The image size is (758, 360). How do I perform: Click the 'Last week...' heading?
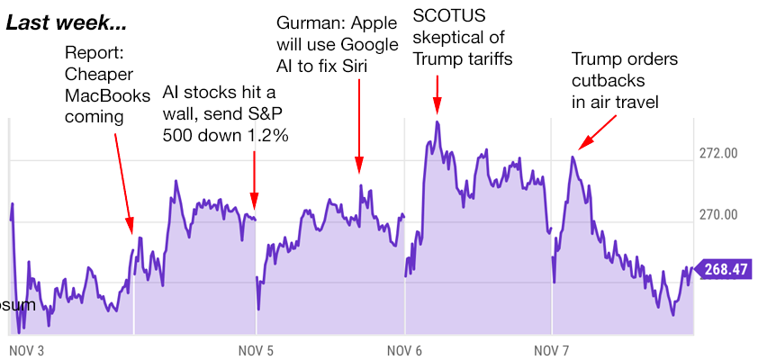pyautogui.click(x=67, y=21)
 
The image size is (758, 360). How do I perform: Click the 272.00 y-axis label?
pyautogui.click(x=717, y=153)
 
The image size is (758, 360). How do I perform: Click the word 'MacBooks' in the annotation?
pyautogui.click(x=107, y=94)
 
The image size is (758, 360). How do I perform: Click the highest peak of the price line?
pyautogui.click(x=438, y=121)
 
